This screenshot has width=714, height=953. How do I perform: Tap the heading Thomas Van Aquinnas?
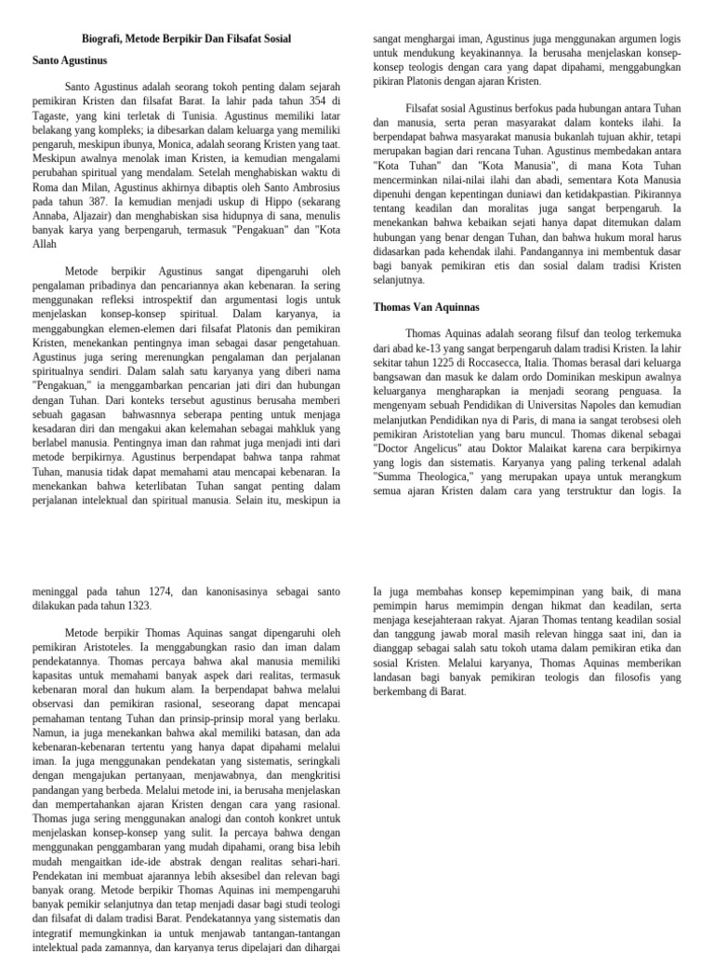427,307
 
